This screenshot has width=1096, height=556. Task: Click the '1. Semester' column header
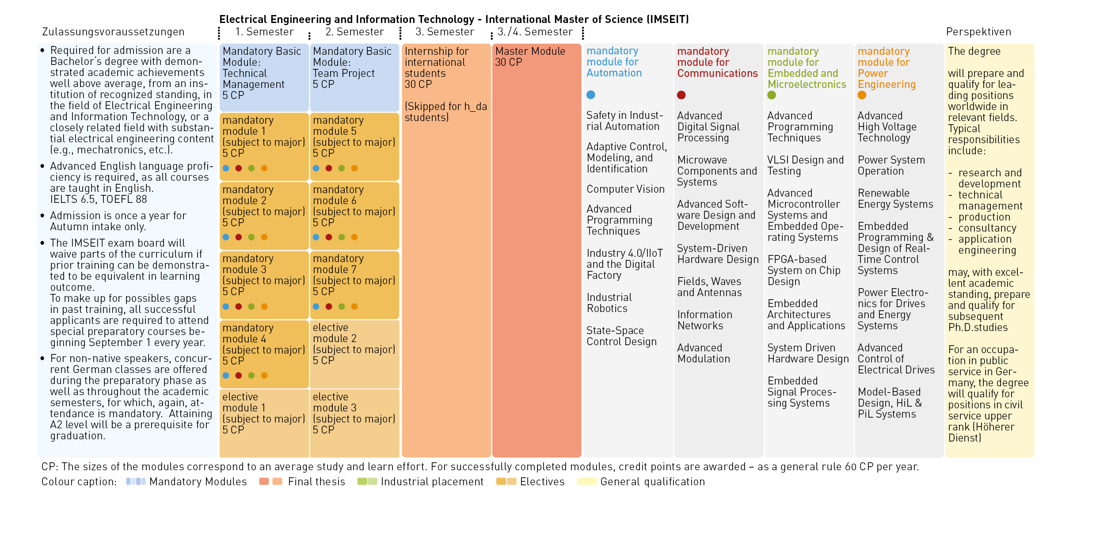pyautogui.click(x=264, y=32)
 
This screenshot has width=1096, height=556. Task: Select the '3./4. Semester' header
pyautogui.click(x=535, y=32)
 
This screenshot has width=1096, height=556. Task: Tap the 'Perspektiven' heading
pyautogui.click(x=978, y=32)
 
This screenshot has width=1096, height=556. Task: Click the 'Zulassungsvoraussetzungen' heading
pyautogui.click(x=113, y=32)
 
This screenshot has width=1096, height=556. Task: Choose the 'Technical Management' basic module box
pyautogui.click(x=264, y=77)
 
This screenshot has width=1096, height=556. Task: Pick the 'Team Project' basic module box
pyautogui.click(x=354, y=77)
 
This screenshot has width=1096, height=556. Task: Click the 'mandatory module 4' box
pyautogui.click(x=264, y=354)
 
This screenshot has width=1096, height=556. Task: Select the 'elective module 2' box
pyautogui.click(x=354, y=354)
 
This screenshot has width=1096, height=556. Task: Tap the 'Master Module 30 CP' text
pyautogui.click(x=530, y=57)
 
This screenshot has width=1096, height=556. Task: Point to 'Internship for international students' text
pyautogui.click(x=437, y=62)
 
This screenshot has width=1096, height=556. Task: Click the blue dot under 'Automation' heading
pyautogui.click(x=591, y=95)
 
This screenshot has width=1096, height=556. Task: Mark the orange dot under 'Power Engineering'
pyautogui.click(x=862, y=95)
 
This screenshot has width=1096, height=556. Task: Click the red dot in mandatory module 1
pyautogui.click(x=239, y=168)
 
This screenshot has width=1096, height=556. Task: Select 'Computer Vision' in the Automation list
pyautogui.click(x=625, y=189)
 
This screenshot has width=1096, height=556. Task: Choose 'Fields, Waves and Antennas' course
pyautogui.click(x=709, y=287)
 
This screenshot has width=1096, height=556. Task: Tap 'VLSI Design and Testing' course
pyautogui.click(x=806, y=165)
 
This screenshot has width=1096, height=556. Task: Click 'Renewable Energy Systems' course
pyautogui.click(x=895, y=198)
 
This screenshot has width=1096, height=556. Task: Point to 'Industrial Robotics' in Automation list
pyautogui.click(x=609, y=303)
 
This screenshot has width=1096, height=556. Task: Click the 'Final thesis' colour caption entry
pyautogui.click(x=302, y=481)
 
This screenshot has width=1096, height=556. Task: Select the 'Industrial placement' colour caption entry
pyautogui.click(x=420, y=481)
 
